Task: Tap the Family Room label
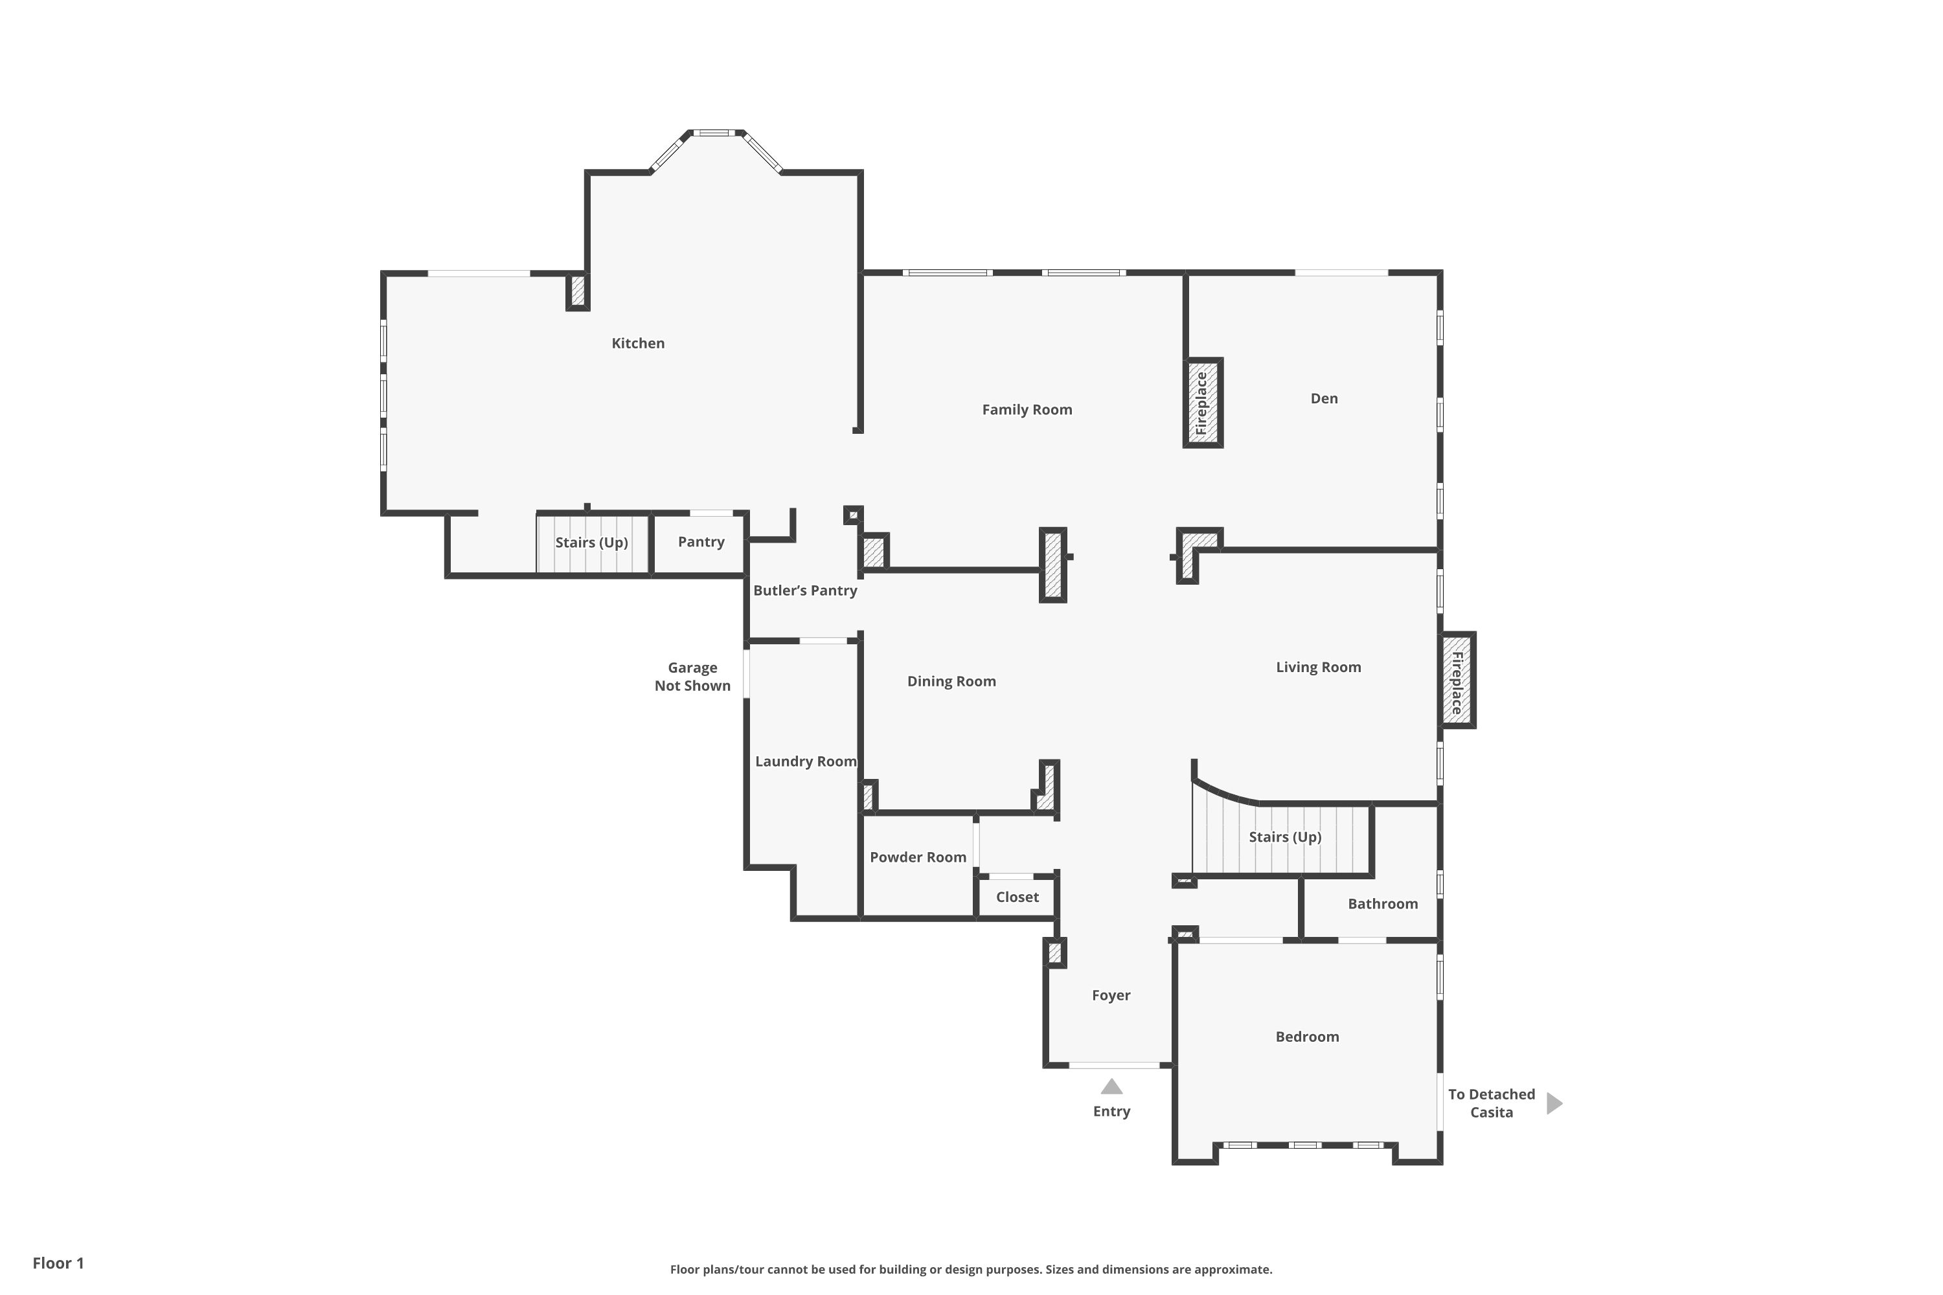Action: (1027, 410)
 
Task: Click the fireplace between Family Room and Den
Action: (1202, 403)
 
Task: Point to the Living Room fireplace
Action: (1457, 680)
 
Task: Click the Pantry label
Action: (701, 542)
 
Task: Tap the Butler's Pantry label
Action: (804, 591)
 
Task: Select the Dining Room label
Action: (951, 681)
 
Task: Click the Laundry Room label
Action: (806, 761)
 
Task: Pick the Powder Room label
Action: (918, 857)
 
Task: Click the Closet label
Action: (1017, 897)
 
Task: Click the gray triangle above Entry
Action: (1111, 1087)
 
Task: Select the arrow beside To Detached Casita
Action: (1553, 1103)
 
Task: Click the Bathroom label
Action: (1382, 903)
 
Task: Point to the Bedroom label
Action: (1307, 1037)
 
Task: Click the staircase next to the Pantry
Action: (591, 543)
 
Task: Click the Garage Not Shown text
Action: (692, 677)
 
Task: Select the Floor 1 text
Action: (58, 1263)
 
